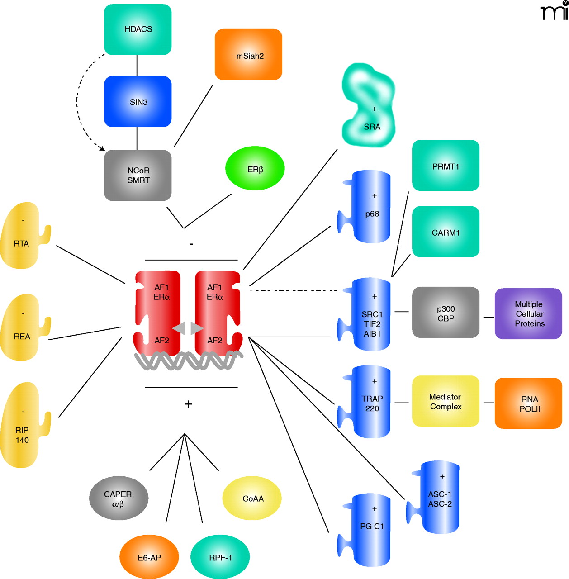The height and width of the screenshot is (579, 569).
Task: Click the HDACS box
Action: point(138,29)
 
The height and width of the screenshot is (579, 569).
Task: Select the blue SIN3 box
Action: point(138,102)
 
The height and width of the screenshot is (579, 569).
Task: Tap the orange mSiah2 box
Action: point(249,55)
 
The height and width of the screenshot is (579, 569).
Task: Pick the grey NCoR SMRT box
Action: point(138,176)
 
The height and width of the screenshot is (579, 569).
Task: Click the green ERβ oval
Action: point(255,169)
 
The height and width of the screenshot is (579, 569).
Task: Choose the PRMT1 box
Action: point(446,166)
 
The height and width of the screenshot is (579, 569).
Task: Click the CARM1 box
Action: point(446,232)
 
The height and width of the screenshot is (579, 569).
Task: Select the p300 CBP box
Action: point(446,313)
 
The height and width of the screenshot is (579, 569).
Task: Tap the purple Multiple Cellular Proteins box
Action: point(528,314)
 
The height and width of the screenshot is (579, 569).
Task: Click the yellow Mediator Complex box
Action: point(446,401)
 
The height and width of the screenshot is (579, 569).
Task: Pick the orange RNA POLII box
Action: point(528,403)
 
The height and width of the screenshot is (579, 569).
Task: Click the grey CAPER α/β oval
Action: point(119,498)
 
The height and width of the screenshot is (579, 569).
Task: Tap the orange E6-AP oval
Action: point(149,557)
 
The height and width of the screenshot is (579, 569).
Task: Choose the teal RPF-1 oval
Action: point(220,557)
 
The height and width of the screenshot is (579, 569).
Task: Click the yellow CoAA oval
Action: point(252,498)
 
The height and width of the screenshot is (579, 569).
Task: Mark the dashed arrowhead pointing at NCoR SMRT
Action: point(102,148)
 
